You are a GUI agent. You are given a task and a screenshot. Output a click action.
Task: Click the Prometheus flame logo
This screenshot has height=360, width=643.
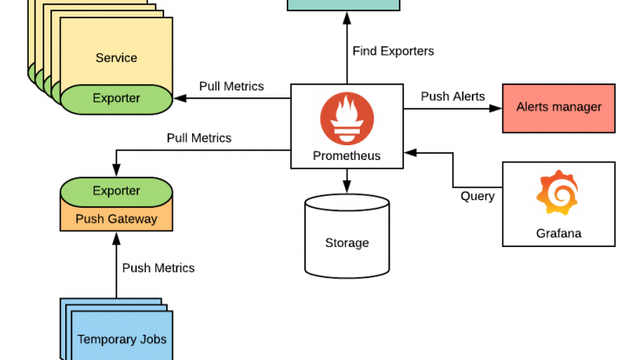coord(346,118)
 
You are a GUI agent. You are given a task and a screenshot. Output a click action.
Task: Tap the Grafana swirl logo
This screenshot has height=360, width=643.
coord(559,193)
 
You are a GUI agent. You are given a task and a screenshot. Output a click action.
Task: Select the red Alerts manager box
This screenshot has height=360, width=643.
coord(559,108)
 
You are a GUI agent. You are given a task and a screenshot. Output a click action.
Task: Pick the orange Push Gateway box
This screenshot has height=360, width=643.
coord(116,218)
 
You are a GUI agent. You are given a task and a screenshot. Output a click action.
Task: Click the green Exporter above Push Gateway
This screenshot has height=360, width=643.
coord(116,190)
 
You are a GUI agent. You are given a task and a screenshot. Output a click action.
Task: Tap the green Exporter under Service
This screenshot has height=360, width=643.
coord(116,98)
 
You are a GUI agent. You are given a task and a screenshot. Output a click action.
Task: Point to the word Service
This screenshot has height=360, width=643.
coord(116,57)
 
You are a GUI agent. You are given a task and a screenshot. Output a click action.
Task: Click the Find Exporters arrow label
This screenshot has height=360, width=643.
coord(393,50)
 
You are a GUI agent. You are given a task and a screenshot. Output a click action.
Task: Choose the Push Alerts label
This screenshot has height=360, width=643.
coord(453,96)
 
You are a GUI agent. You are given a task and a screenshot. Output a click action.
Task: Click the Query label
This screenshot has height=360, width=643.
coord(477,196)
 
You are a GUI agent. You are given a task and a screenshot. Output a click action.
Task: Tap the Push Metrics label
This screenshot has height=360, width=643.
coord(158,268)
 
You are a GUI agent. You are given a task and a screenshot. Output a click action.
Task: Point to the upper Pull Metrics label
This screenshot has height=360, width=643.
coord(231,86)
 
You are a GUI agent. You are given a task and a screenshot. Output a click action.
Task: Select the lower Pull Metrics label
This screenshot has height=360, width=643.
coord(199,137)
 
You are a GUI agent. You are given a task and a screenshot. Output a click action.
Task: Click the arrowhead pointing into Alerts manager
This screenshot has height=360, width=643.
coord(497,109)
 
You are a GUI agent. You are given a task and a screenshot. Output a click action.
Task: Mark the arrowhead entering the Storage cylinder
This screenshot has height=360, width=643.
coord(347,188)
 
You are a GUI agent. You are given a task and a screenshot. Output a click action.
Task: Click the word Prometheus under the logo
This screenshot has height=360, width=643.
coord(346,157)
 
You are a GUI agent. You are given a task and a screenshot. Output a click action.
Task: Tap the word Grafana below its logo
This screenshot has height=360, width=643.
coord(559,233)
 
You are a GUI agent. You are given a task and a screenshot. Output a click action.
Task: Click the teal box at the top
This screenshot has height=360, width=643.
coord(343,4)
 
